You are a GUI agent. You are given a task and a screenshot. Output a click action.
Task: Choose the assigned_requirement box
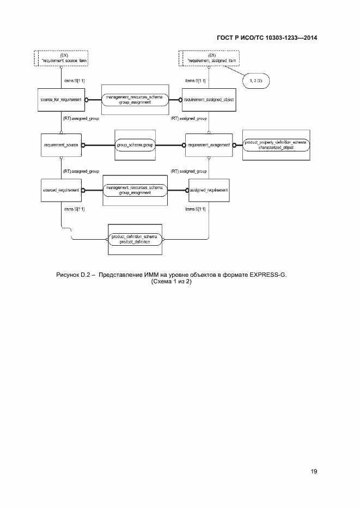[x=208, y=190]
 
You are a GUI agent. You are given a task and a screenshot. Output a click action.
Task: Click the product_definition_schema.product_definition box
[x=135, y=239]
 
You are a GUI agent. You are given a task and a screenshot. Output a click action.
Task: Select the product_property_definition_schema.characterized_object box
[x=276, y=145]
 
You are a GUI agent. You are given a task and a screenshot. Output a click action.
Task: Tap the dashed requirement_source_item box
[x=61, y=57]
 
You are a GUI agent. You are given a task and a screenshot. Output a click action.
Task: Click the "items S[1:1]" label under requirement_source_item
[x=74, y=81]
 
